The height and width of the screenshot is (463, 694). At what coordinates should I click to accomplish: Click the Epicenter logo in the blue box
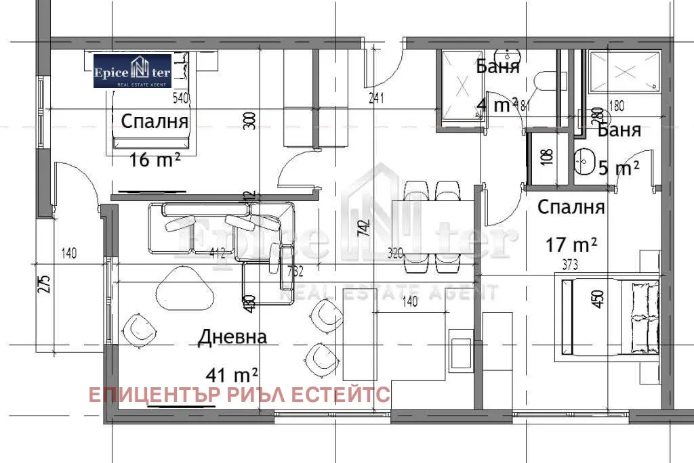click(133, 71)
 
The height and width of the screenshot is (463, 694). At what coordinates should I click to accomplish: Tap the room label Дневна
click(232, 337)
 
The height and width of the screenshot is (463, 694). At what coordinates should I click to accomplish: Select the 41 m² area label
click(232, 373)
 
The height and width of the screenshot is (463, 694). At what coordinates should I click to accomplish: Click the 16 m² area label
click(155, 160)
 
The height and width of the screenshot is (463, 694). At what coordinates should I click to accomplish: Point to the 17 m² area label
click(571, 244)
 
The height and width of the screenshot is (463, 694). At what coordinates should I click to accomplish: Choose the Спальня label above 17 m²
click(571, 208)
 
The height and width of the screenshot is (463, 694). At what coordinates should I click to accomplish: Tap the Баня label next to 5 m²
click(619, 131)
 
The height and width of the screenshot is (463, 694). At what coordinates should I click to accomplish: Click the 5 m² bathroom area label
click(619, 168)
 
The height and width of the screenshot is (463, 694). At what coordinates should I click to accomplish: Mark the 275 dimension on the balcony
click(43, 284)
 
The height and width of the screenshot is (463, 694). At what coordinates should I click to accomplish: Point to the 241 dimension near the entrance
click(376, 98)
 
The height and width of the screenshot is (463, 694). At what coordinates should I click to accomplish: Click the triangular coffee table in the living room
click(185, 288)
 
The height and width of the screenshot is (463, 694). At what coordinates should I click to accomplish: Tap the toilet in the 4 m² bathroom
click(544, 81)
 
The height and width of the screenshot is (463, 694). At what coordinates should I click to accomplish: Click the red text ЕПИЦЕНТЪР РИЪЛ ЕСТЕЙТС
click(239, 395)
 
